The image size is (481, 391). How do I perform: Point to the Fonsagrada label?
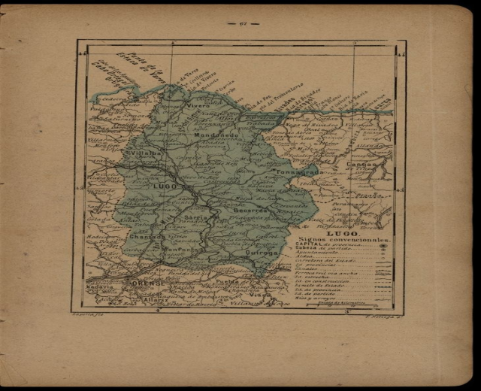(299, 172)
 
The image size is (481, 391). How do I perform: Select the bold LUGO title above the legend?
(340, 235)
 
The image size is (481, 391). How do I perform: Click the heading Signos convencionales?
(343, 241)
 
